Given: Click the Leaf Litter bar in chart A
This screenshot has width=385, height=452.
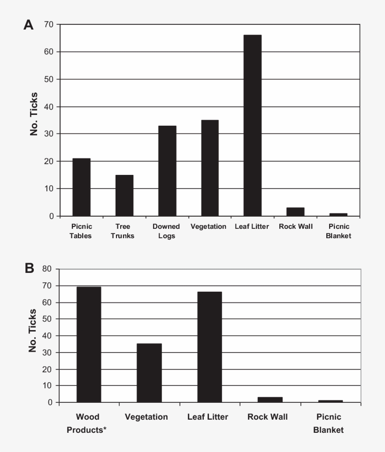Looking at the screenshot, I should pos(253,126).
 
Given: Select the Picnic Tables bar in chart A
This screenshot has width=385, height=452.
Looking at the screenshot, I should pos(81,188).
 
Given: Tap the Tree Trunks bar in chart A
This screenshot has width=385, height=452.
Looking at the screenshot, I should pos(124,196).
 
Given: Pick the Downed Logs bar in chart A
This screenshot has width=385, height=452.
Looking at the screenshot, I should pos(167,171).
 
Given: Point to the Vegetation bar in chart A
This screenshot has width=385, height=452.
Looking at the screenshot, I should pos(210,168).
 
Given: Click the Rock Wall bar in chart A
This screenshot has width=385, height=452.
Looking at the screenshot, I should pos(295,212).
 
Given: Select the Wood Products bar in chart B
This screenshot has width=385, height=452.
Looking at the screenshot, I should pos(89,345).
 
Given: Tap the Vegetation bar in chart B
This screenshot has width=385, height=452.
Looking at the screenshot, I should pos(149,373).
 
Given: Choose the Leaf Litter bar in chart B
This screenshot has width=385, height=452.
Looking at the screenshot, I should pos(209,347).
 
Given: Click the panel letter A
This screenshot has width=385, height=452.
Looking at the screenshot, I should pos(29,25).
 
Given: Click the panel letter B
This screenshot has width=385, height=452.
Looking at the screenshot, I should pos(29,269).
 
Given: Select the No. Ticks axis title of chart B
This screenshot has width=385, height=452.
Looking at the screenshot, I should pos(33,331).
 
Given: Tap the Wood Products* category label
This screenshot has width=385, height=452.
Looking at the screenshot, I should pos(86,423).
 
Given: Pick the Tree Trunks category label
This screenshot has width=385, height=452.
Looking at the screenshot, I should pos(123,231).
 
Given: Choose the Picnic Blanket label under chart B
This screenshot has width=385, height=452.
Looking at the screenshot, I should pos(329,423).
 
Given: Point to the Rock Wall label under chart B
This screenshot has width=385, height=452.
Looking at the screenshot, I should pos(268,417).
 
